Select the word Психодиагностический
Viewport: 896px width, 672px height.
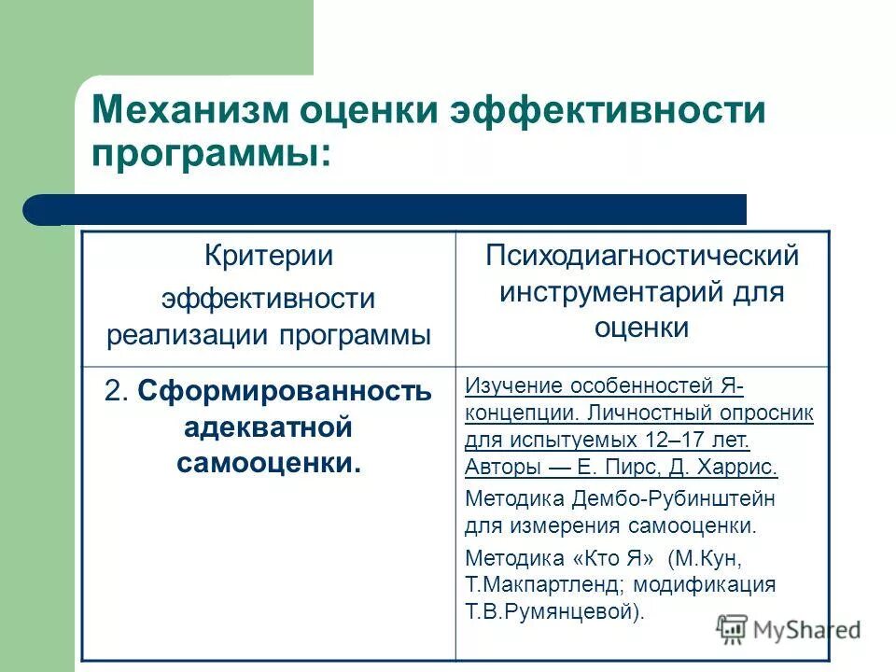pyautogui.click(x=642, y=256)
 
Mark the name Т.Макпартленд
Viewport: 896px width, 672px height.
pyautogui.click(x=533, y=585)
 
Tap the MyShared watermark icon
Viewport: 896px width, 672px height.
pyautogui.click(x=733, y=628)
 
